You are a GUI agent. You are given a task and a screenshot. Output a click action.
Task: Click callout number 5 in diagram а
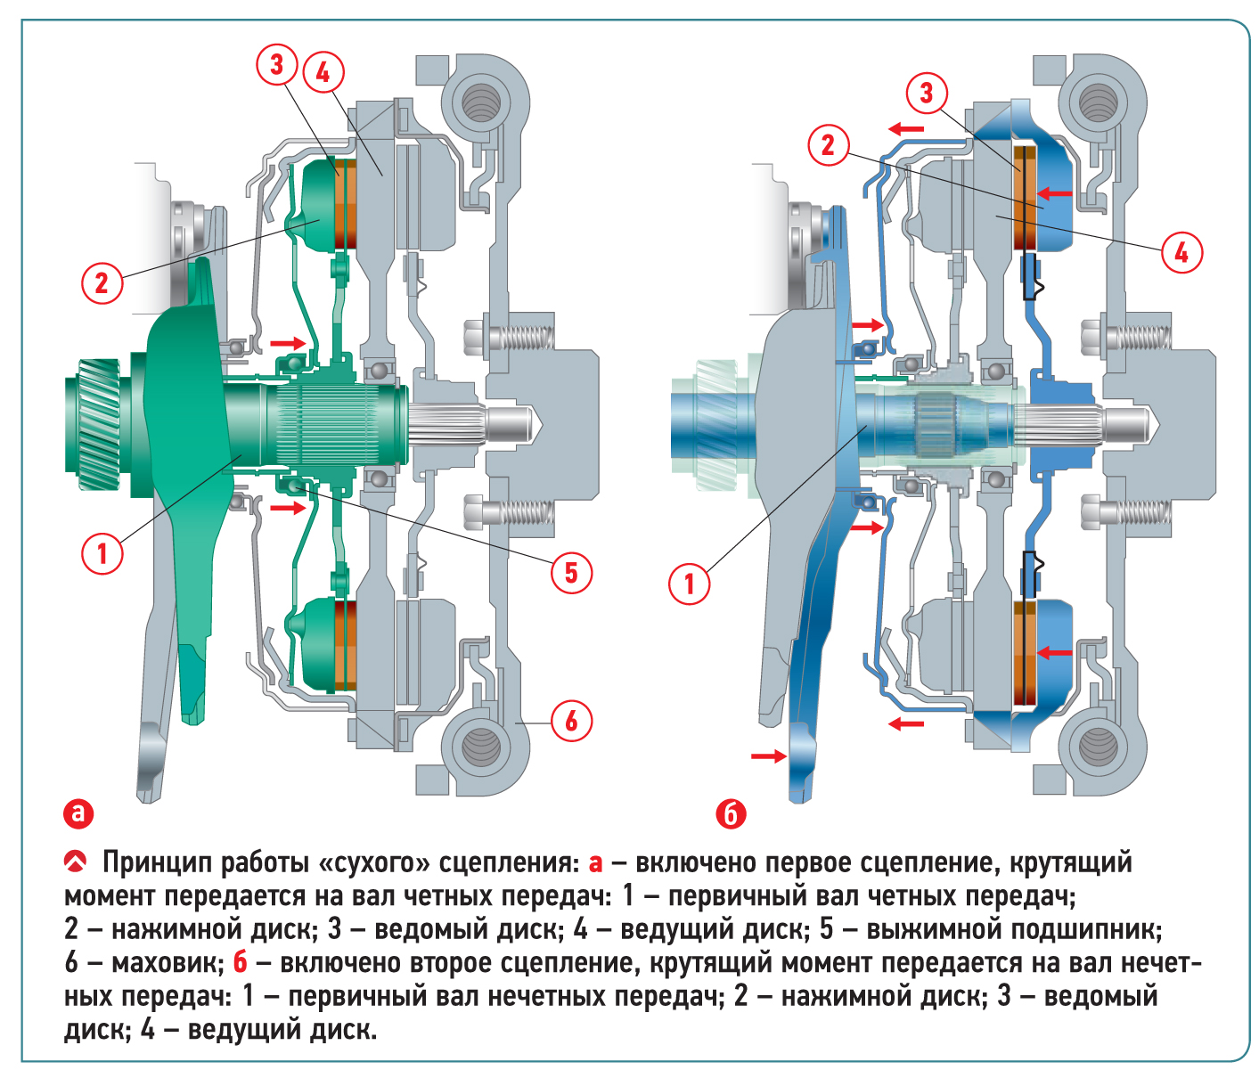(571, 572)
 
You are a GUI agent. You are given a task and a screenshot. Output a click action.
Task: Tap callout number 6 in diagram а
(571, 720)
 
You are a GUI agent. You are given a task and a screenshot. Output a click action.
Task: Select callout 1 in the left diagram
(102, 553)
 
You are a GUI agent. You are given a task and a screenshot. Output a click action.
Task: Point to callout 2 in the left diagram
(102, 283)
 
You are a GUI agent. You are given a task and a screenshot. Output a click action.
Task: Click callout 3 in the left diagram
(276, 64)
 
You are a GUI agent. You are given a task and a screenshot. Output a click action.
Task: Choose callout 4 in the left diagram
(323, 72)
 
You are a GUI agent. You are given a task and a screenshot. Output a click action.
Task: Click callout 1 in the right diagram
(689, 584)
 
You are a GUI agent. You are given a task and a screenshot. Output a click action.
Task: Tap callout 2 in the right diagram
(828, 144)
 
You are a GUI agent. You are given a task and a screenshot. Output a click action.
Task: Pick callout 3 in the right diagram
(927, 92)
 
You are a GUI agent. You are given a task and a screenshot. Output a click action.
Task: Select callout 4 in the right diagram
(1181, 252)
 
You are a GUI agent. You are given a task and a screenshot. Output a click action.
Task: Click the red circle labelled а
(78, 813)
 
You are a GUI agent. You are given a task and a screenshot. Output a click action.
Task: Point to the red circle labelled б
(731, 813)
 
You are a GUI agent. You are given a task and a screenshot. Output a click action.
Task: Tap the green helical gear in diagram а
(92, 423)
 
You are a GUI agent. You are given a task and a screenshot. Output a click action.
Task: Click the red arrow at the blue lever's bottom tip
(768, 756)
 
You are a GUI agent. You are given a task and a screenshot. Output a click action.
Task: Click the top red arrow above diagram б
(906, 129)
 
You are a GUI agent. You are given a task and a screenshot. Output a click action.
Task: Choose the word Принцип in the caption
(157, 862)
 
